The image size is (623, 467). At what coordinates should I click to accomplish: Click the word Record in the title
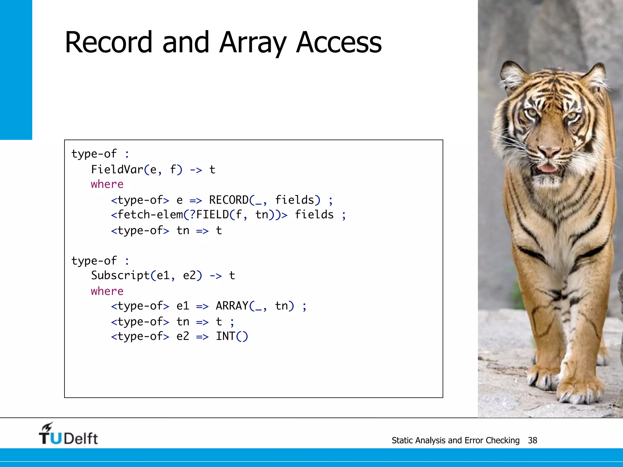108,43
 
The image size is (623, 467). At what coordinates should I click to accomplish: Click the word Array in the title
253,43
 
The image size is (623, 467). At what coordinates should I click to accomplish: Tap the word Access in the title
339,43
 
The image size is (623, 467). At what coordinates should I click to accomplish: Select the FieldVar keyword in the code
117,170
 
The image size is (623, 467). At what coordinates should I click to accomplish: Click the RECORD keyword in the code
229,200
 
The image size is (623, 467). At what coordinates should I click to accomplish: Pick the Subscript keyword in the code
120,275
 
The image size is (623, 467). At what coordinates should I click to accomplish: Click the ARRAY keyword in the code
232,306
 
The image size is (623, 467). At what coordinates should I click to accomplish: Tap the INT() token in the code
232,336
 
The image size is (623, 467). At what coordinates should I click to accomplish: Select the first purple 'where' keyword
107,184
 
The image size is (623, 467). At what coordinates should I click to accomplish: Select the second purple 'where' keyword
107,291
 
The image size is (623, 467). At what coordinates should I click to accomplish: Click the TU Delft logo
68,434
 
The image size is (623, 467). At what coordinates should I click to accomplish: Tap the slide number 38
532,440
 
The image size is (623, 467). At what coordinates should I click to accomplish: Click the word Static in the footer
402,440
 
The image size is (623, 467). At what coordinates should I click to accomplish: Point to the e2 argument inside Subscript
190,275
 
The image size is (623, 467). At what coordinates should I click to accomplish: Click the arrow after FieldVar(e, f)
196,170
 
